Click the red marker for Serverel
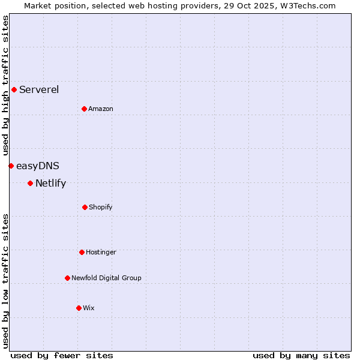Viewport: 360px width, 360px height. coord(14,90)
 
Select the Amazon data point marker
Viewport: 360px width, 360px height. coord(84,109)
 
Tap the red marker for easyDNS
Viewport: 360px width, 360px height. coord(11,166)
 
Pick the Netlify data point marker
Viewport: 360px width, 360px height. coord(30,183)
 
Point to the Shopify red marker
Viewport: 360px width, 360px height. coord(85,207)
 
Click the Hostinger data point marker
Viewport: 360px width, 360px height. coord(82,252)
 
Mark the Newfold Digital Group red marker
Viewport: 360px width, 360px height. coord(67,278)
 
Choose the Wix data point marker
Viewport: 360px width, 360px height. coord(79,308)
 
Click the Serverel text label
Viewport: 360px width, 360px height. coord(39,90)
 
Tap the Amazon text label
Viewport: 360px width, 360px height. coord(101,109)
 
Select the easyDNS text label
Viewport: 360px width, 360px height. coord(37,166)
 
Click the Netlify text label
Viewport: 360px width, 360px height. coord(50,183)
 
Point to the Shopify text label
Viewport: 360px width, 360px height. coord(101,207)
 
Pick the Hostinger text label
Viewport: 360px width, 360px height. coord(101,252)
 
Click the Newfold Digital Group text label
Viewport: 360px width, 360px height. coord(106,278)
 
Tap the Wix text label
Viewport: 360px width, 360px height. coord(89,308)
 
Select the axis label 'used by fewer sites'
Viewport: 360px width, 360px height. coord(62,355)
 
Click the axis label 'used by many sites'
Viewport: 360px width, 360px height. coord(301,355)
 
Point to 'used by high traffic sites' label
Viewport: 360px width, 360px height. coord(5,85)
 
